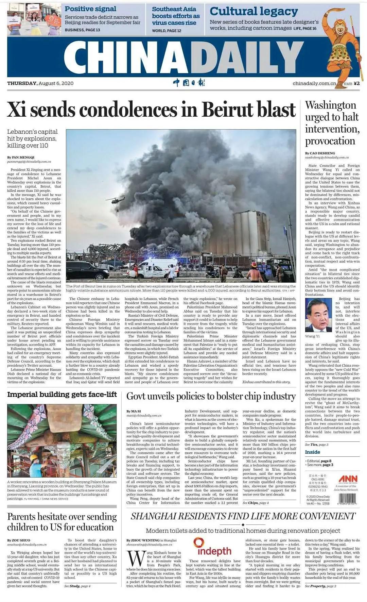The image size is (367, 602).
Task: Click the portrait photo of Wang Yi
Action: pyautogui.click(x=318, y=315)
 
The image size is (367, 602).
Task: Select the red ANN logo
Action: pyautogui.click(x=348, y=478)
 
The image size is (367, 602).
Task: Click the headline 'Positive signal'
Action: pyautogui.click(x=90, y=9)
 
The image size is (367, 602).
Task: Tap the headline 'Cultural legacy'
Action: pyautogui.click(x=254, y=12)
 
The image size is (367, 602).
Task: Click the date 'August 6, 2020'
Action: pyautogui.click(x=56, y=83)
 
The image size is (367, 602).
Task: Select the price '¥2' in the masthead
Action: pyautogui.click(x=356, y=83)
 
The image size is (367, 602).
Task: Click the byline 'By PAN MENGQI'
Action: pyautogui.click(x=21, y=157)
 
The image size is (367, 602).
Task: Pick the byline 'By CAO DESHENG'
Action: pyautogui.click(x=320, y=153)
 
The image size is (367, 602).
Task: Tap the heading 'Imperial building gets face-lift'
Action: pyautogui.click(x=62, y=395)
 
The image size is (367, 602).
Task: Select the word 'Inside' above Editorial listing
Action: pyautogui.click(x=312, y=452)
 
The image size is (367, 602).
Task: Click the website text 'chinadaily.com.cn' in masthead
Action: pyautogui.click(x=314, y=83)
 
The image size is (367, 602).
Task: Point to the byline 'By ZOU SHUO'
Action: pyautogui.click(x=19, y=540)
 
